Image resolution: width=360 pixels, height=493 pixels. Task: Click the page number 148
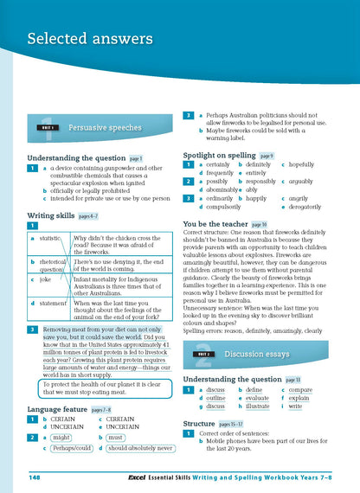click(x=35, y=477)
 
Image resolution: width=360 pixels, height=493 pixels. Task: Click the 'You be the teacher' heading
click(x=221, y=223)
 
